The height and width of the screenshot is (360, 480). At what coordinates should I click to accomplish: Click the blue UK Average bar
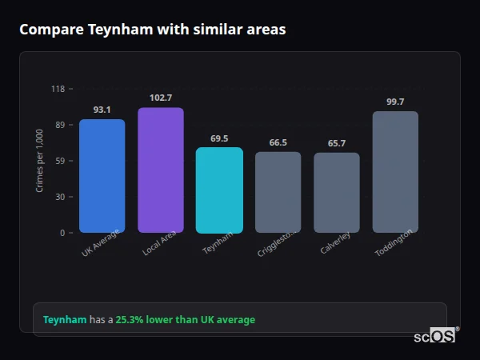(x=102, y=176)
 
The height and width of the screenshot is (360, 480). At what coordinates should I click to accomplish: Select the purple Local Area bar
(x=160, y=170)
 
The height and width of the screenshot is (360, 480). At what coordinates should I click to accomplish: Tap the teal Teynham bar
(x=219, y=190)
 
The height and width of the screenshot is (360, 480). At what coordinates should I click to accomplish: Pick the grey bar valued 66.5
(x=278, y=192)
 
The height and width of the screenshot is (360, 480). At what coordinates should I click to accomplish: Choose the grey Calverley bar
(x=336, y=193)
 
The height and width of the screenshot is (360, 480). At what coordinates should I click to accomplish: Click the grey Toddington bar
(x=395, y=172)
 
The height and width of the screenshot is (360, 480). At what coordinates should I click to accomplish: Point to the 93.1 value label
(x=102, y=110)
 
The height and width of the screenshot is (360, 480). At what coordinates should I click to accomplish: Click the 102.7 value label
(x=160, y=98)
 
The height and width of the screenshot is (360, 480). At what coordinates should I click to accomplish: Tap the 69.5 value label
(x=219, y=138)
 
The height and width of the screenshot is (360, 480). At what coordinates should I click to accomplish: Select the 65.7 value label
(x=336, y=143)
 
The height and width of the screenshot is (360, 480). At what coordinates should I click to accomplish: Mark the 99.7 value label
(x=395, y=102)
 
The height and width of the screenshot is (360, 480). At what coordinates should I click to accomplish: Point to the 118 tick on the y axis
(x=58, y=89)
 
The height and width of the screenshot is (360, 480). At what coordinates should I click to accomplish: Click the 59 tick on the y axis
(x=60, y=161)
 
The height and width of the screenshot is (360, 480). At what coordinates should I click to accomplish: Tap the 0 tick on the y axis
(x=62, y=233)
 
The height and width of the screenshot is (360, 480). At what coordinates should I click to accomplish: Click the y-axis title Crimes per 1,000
(x=40, y=161)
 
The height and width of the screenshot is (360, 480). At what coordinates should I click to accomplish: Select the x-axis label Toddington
(x=394, y=243)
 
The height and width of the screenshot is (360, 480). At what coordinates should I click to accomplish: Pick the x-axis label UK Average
(x=100, y=244)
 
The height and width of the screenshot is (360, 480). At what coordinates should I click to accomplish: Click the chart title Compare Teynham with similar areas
(x=152, y=30)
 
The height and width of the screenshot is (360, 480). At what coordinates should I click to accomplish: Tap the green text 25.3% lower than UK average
(x=185, y=320)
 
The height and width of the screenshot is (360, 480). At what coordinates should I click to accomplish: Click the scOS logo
(x=434, y=336)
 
